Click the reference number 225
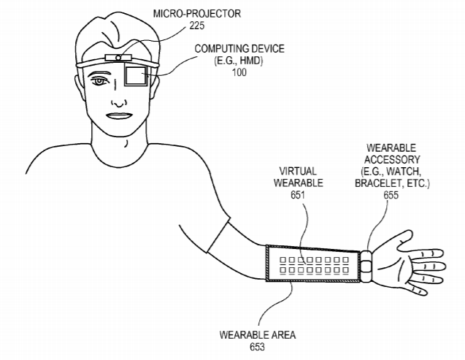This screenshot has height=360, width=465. point(197,26)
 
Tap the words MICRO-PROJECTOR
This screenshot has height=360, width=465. point(196,14)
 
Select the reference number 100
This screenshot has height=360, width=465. point(239,72)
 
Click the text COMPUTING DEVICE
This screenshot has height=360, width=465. point(239,49)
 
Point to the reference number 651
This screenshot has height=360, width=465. point(298,195)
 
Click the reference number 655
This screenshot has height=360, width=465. point(391,195)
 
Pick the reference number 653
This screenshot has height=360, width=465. point(257,347)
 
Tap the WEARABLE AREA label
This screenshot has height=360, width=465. point(258,334)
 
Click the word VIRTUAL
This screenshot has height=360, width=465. point(298,171)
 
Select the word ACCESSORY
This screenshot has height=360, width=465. point(392,159)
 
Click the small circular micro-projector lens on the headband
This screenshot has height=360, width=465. point(118,58)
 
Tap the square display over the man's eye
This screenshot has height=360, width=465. point(136,76)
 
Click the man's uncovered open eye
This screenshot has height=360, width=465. point(99,80)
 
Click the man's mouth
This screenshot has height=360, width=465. point(118,115)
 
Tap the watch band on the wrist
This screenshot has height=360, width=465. point(366,266)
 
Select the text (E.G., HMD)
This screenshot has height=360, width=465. point(239,61)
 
